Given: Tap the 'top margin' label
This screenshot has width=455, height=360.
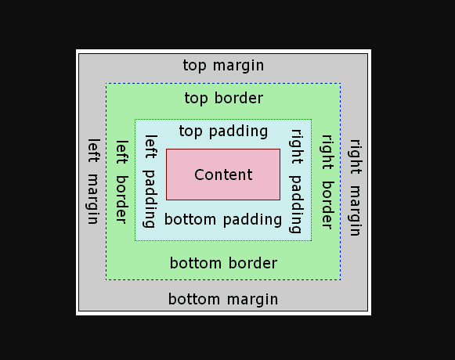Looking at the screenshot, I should click(223, 65).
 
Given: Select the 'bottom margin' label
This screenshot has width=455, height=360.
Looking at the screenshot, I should click(223, 299).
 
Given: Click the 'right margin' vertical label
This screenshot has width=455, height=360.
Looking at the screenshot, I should click(355, 188).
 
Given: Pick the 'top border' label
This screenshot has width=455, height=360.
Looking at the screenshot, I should click(223, 98).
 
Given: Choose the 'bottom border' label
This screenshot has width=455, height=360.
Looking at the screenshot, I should click(223, 263).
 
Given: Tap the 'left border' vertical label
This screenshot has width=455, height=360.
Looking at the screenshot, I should click(121, 182).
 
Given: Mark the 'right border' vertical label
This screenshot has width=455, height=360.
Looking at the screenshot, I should click(327, 182).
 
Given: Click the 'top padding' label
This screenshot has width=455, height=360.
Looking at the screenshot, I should click(223, 131).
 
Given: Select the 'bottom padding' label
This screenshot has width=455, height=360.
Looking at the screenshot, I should click(223, 219).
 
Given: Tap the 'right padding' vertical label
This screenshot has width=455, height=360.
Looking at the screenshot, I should click(296, 182).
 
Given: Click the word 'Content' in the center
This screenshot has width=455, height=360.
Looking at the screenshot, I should click(223, 175).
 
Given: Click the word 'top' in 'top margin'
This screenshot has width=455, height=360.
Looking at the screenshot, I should click(194, 65).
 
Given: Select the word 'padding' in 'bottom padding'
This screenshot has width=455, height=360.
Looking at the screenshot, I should click(251, 220).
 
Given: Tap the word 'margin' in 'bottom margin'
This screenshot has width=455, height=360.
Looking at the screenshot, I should click(253, 299).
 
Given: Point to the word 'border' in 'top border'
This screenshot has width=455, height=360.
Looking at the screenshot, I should click(239, 98).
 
